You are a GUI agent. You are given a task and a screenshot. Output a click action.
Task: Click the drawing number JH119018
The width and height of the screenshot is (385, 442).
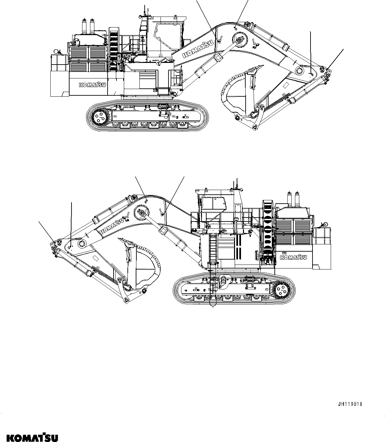click(x=350, y=404)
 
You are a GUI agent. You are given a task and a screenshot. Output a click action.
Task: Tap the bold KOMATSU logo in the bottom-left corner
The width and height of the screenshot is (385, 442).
click(x=29, y=435)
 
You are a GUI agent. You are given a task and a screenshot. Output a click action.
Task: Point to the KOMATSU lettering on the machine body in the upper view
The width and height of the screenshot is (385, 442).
click(x=92, y=85)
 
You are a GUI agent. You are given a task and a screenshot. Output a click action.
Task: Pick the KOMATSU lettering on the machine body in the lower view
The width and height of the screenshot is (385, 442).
click(x=293, y=257)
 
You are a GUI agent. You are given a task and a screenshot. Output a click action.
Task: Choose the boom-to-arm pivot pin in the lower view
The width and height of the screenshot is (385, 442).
click(x=81, y=245)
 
